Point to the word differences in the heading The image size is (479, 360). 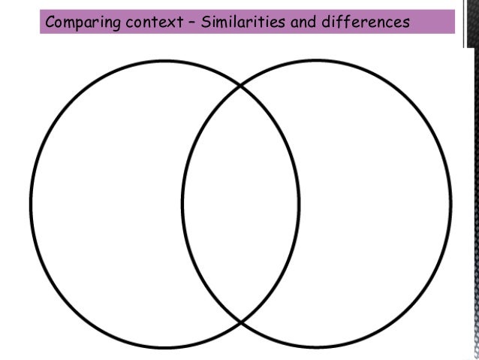tap(365, 22)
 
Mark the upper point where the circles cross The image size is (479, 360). tap(240, 87)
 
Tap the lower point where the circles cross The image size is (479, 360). tap(240, 322)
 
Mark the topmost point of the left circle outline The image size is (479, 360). tap(165, 60)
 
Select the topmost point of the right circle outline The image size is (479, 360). tap(317, 60)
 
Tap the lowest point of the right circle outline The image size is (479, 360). tap(317, 349)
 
